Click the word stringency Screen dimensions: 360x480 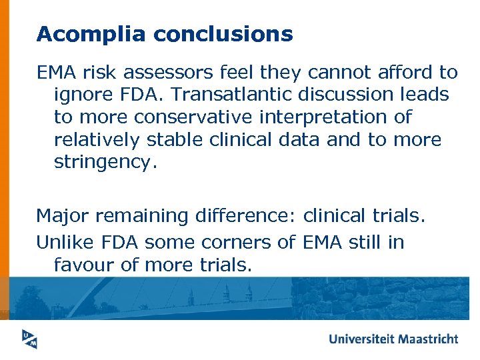pos(105,163)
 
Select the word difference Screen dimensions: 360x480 pos(243,215)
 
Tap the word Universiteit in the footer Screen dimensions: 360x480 pos(361,339)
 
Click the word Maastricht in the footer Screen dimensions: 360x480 pos(428,339)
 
